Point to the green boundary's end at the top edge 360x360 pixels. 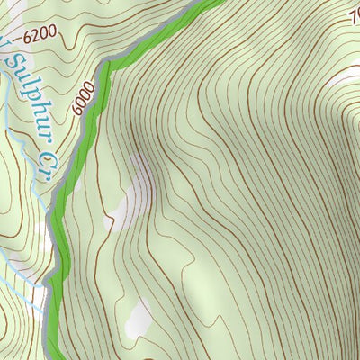[209, 3]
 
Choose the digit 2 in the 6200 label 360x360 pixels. [35, 36]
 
